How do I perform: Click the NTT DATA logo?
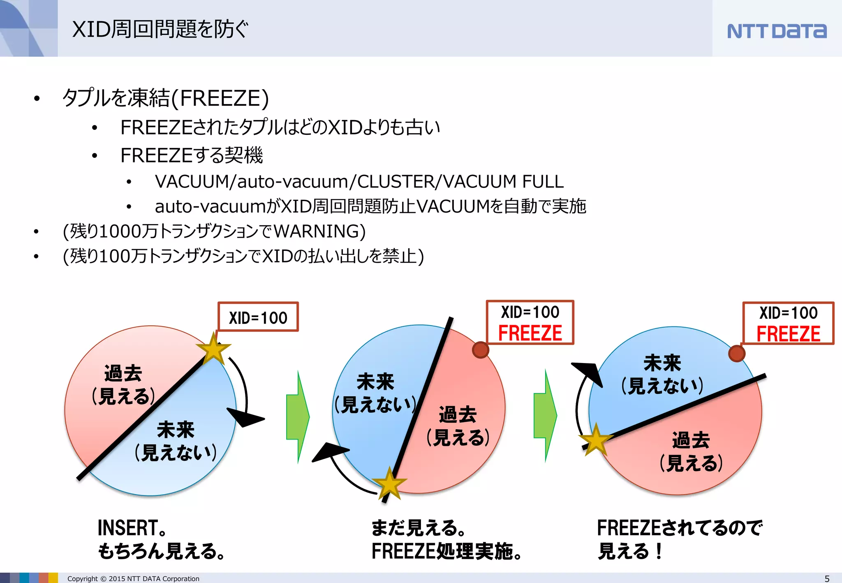[777, 31]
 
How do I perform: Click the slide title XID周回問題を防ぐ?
[160, 29]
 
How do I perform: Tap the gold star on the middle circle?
[389, 484]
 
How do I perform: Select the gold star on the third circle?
[596, 440]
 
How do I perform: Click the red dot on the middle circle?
[480, 350]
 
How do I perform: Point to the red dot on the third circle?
[736, 353]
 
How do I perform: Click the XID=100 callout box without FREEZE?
[258, 317]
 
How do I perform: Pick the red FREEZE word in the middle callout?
[530, 333]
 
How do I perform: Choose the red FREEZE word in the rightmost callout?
[788, 334]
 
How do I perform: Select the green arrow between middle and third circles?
[545, 416]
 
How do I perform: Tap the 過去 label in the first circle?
[123, 373]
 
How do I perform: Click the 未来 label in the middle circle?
[375, 382]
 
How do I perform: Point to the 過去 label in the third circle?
[691, 440]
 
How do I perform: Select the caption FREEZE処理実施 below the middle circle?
[446, 551]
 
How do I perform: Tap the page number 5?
[827, 578]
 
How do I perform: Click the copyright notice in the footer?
[133, 578]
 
